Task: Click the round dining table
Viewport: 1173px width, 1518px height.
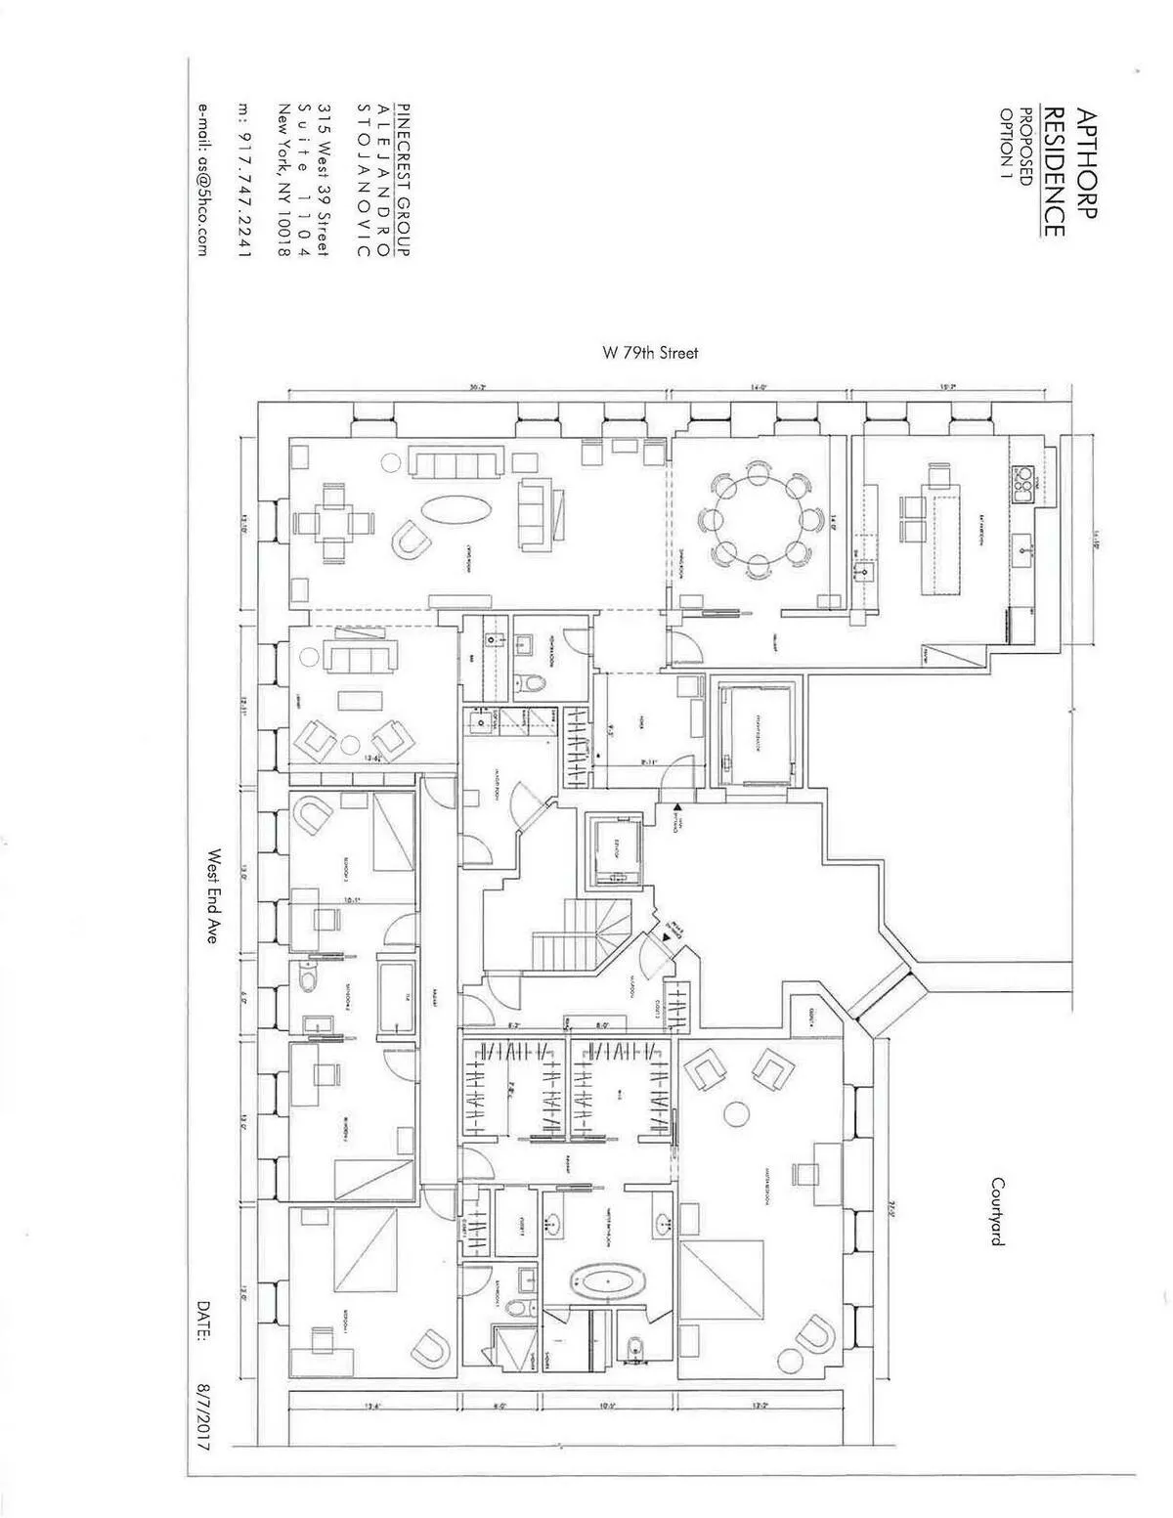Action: [760, 518]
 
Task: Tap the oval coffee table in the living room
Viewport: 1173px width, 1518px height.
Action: [456, 511]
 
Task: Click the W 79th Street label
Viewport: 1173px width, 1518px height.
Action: [650, 353]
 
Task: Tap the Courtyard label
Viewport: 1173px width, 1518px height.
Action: [998, 1211]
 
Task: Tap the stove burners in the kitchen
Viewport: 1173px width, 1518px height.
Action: [1024, 478]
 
